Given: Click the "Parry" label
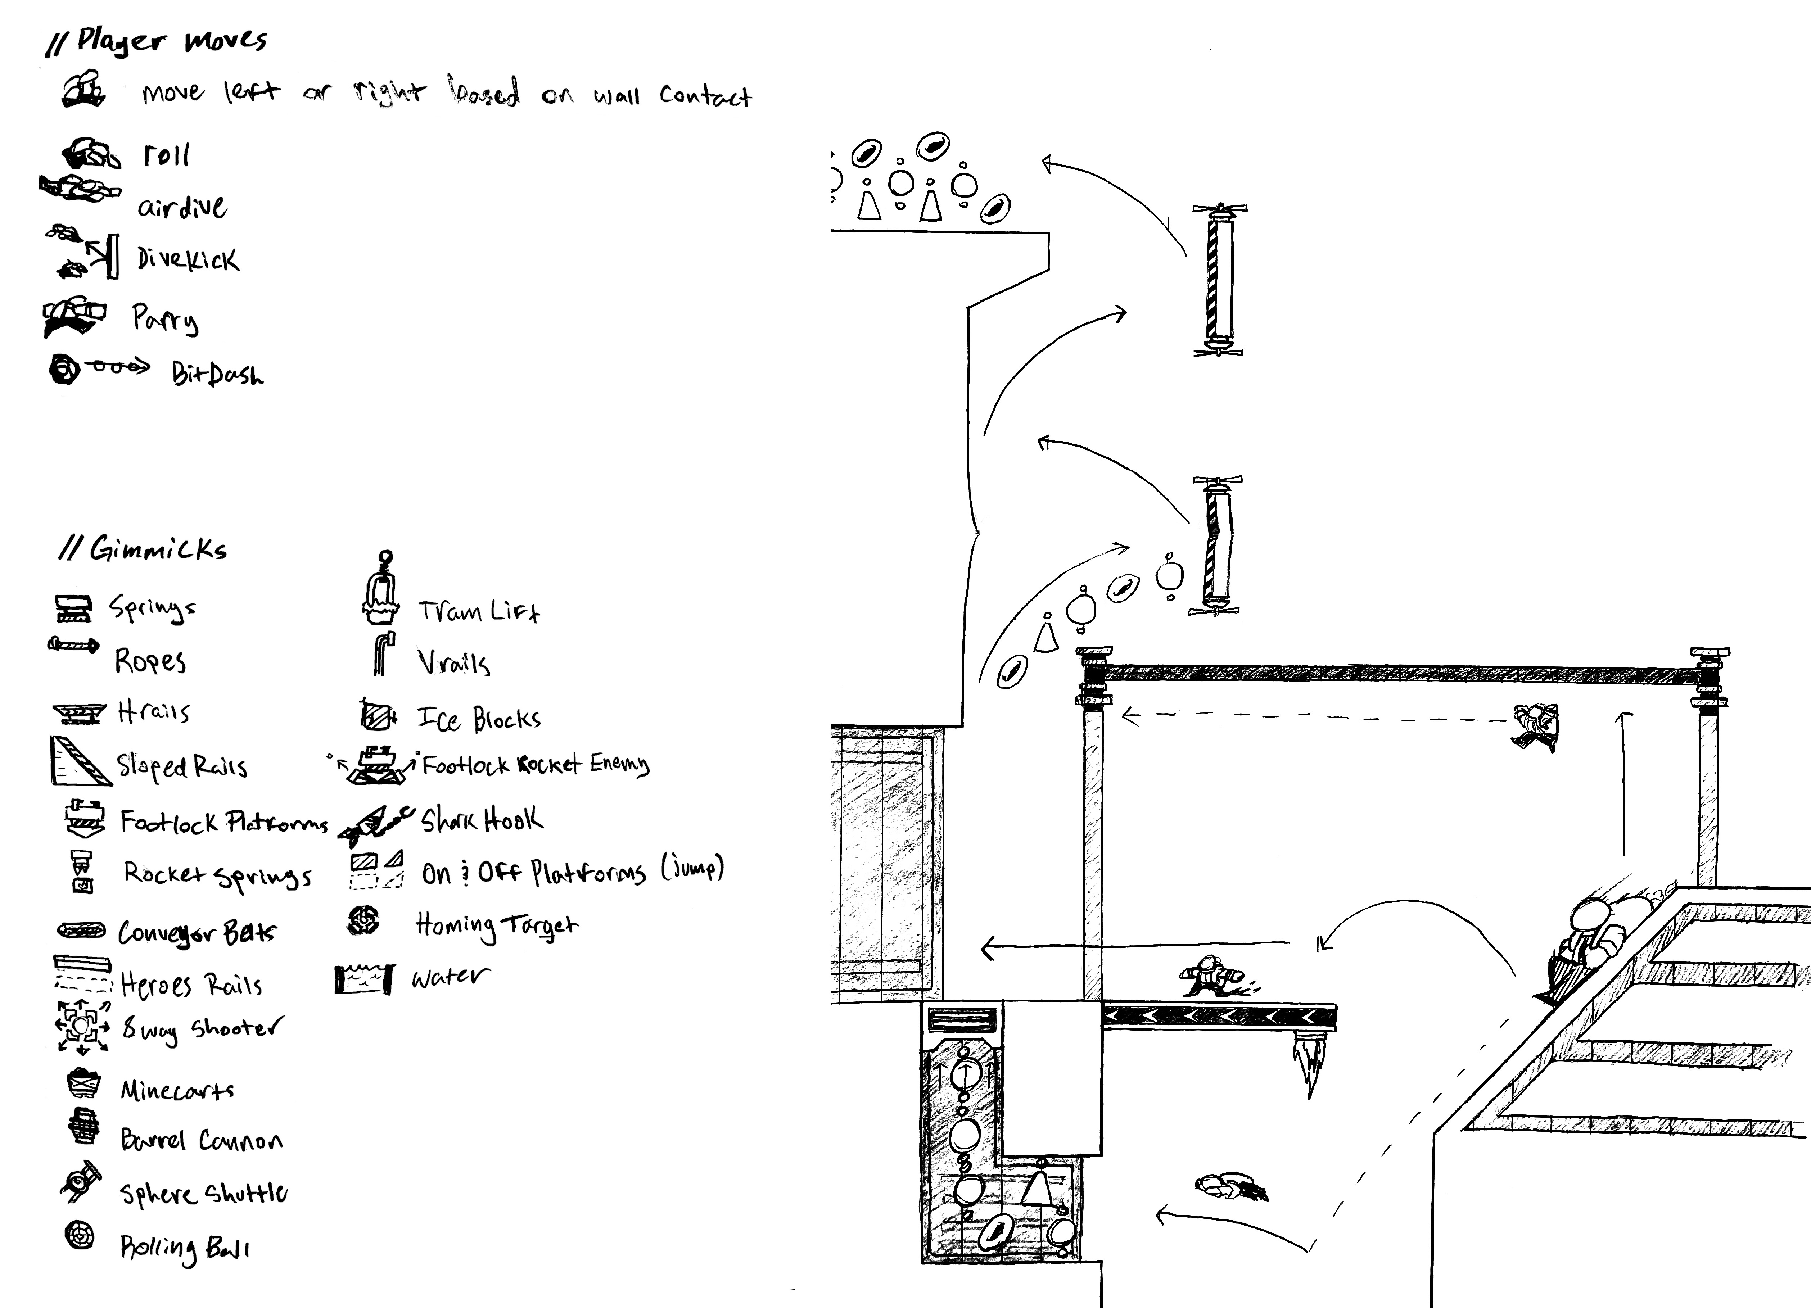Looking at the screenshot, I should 164,320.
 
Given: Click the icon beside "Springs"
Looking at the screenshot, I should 73,608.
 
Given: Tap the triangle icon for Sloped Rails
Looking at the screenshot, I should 80,761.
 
